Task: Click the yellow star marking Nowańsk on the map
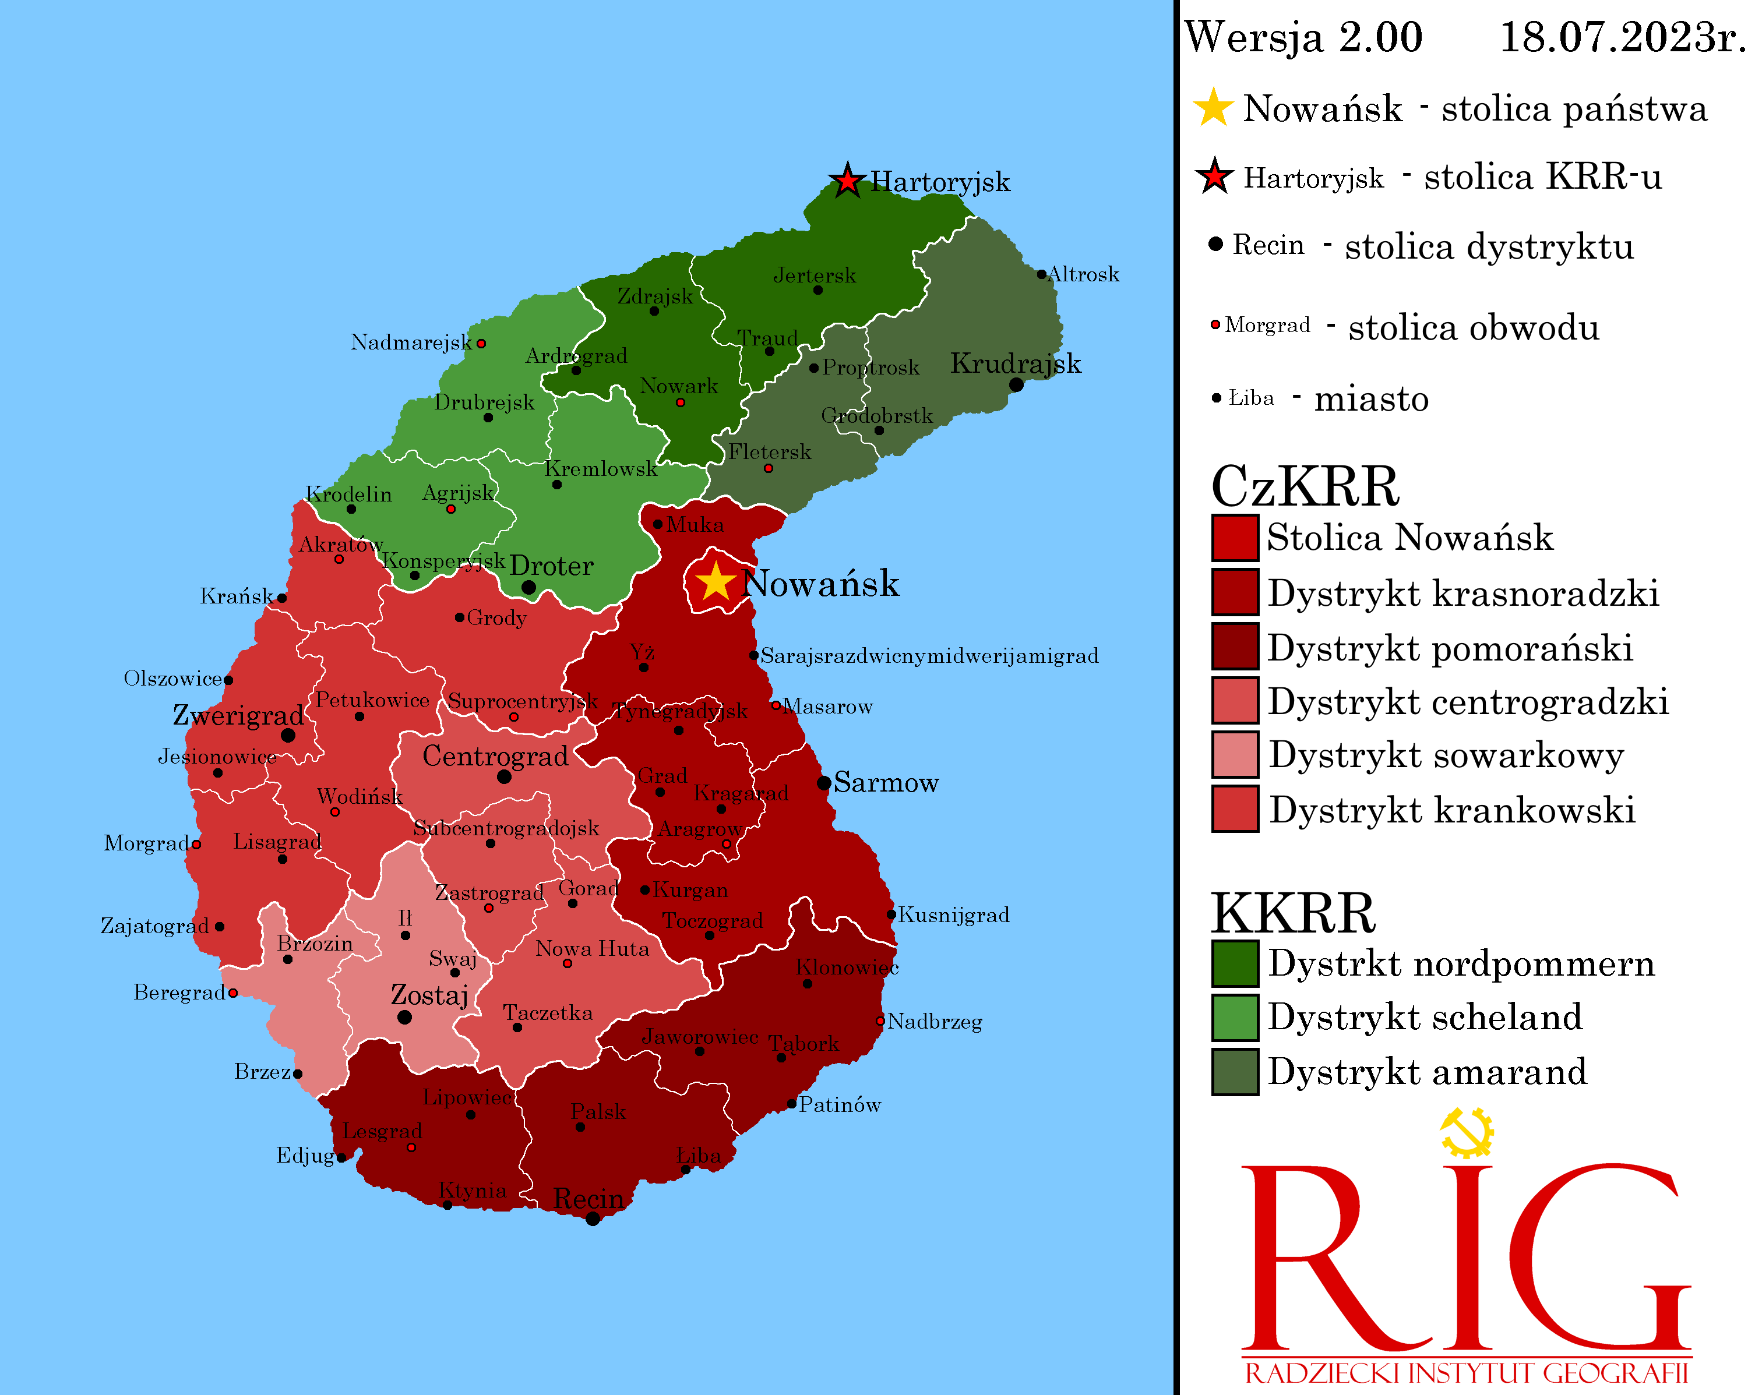715,581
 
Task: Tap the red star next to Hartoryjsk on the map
847,180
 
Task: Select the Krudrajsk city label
1015,363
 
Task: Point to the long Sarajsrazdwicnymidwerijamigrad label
929,656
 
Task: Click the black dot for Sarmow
824,783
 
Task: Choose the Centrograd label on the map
495,756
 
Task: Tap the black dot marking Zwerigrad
288,735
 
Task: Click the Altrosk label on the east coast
1083,274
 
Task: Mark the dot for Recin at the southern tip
593,1219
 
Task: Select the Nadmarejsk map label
411,342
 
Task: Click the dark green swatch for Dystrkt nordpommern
1235,963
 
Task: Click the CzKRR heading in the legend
1305,486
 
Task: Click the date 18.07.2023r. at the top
1620,37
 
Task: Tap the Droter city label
551,566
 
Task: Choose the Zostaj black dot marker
404,1017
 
